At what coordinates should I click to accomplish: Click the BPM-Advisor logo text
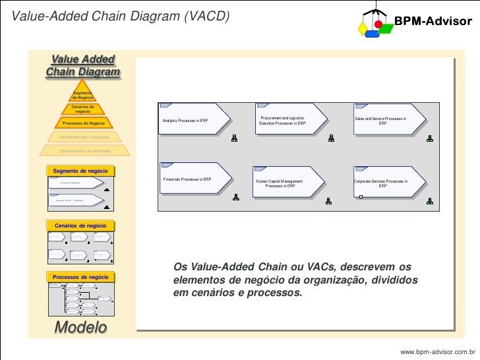point(433,22)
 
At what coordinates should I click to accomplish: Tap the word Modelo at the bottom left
point(80,327)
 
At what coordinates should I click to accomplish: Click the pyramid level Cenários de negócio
point(82,109)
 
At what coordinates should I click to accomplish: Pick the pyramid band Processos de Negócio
point(82,123)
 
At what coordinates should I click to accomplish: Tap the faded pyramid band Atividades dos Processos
point(82,137)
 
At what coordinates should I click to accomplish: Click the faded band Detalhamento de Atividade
point(82,150)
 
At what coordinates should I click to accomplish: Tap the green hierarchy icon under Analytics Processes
point(235,138)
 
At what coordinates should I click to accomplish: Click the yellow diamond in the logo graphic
point(361,28)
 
